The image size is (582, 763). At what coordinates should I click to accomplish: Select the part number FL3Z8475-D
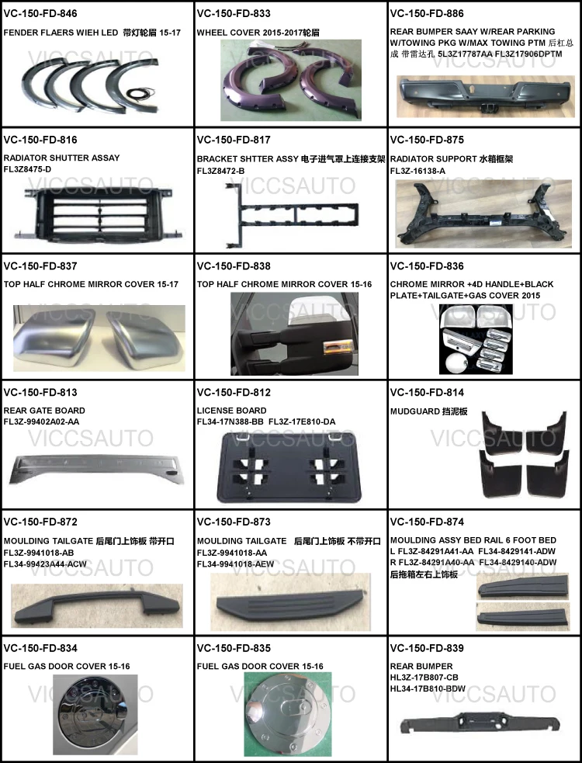[x=28, y=169]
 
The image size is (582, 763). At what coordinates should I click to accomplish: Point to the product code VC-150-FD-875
[x=427, y=140]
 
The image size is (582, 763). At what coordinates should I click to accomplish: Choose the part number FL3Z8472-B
[x=221, y=171]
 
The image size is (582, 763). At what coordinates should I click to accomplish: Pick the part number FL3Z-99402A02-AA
[x=41, y=421]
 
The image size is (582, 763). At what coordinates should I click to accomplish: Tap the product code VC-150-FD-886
[x=427, y=13]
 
